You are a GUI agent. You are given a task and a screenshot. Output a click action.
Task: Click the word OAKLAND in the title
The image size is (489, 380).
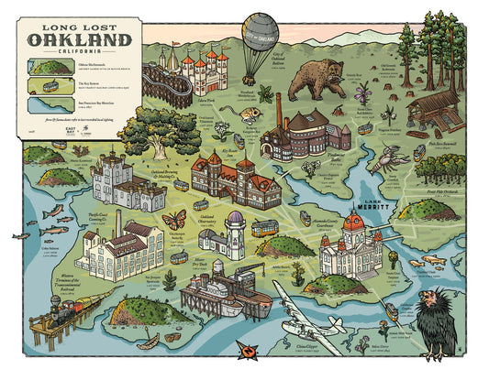coord(78,39)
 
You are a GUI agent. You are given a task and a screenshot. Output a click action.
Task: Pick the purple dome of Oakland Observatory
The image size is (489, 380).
coord(236,221)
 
